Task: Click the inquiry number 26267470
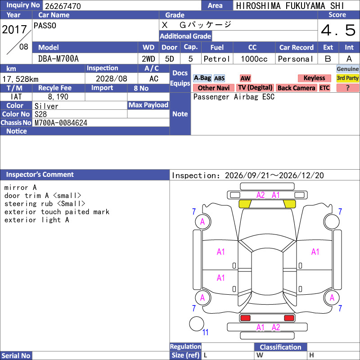click(x=63, y=6)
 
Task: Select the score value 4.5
click(x=338, y=30)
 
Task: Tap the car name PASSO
click(x=45, y=26)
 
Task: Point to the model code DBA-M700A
click(x=58, y=59)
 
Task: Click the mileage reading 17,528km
click(x=20, y=79)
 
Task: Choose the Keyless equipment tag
click(x=314, y=78)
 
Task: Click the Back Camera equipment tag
click(x=296, y=88)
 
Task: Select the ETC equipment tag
click(x=324, y=88)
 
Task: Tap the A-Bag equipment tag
click(x=202, y=78)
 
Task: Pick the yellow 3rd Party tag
click(x=347, y=78)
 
